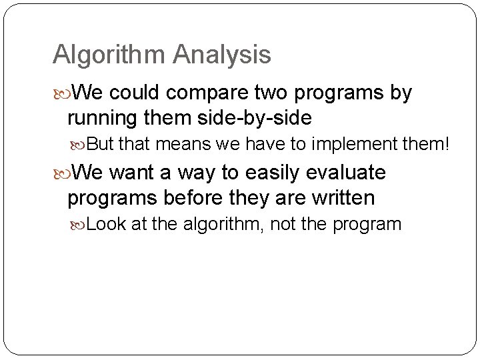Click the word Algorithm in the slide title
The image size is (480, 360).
pyautogui.click(x=109, y=55)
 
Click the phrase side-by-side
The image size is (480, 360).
pyautogui.click(x=255, y=119)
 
